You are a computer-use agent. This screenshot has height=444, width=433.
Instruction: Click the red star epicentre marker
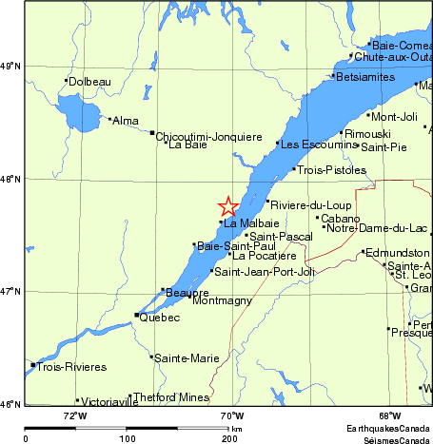228,206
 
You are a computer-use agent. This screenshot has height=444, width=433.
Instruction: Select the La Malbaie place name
246,224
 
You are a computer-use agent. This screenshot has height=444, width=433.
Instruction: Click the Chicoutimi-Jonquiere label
208,136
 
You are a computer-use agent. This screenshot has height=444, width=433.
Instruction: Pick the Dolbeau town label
90,82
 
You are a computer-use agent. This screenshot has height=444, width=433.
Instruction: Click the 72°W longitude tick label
75,415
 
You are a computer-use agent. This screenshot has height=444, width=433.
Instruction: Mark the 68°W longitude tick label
388,415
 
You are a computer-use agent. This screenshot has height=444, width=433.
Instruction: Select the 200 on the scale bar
229,439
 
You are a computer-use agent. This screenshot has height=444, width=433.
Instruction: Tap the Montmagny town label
222,300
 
